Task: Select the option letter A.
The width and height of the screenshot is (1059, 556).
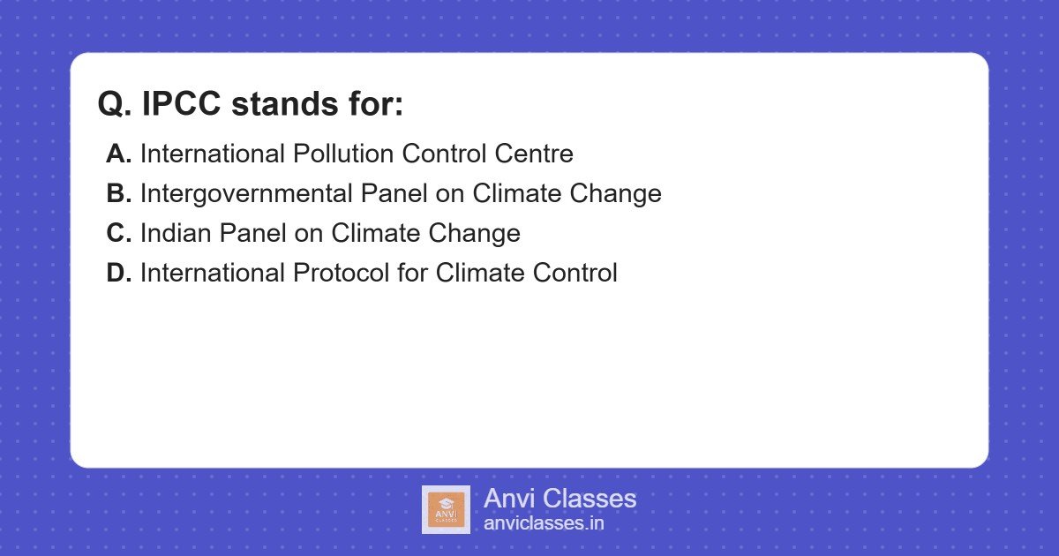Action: [118, 154]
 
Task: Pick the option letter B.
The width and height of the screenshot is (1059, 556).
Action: [118, 193]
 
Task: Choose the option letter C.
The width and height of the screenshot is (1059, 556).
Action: [118, 233]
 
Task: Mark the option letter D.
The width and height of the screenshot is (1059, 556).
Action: [118, 273]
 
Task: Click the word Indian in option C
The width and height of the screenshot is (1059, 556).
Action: [176, 233]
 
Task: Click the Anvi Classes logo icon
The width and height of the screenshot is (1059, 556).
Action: [446, 509]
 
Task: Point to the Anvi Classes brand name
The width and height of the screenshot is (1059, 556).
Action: [560, 499]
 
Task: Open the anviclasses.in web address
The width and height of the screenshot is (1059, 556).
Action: [544, 523]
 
